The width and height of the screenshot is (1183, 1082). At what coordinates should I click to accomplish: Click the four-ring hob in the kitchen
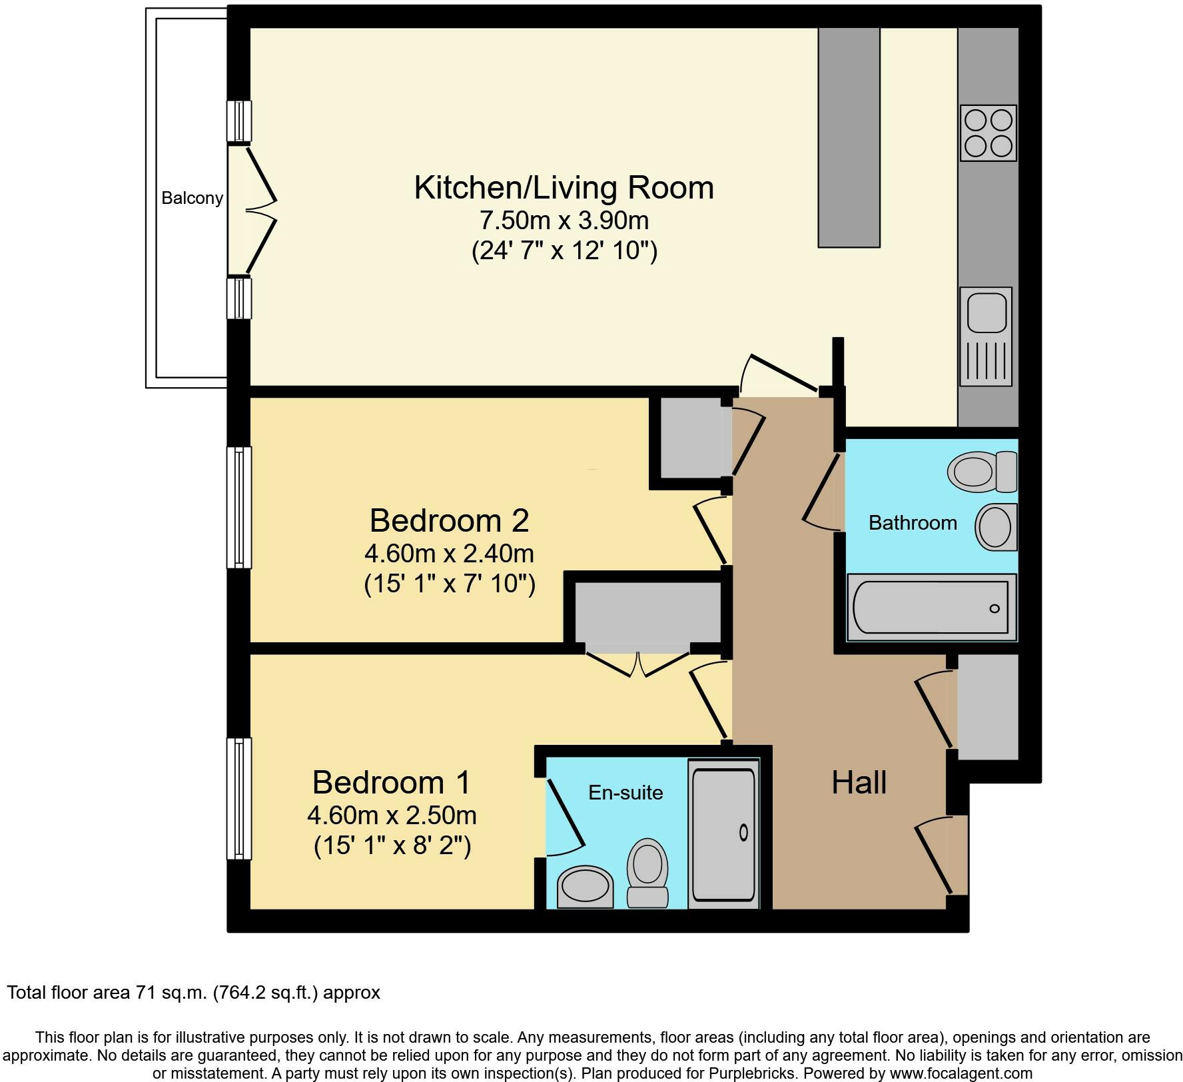988,133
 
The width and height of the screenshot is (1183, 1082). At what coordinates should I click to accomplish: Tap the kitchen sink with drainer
986,336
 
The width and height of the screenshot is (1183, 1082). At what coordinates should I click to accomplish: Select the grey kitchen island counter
849,137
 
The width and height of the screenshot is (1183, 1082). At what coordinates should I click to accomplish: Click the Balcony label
192,198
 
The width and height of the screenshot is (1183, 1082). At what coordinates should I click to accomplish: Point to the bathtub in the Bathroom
931,607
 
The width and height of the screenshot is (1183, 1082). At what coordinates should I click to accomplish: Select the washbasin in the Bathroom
996,527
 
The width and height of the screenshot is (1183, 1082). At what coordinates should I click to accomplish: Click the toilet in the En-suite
647,873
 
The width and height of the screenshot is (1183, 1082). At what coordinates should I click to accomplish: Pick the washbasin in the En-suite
585,887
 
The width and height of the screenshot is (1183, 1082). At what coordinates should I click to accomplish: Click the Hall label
859,782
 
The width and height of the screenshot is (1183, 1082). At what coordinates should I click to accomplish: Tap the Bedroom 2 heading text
449,520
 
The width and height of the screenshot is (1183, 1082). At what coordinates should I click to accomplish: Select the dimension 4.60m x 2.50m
392,815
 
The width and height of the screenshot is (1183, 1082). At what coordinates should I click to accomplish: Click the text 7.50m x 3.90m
564,220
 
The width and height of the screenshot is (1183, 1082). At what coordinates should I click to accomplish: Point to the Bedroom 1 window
239,798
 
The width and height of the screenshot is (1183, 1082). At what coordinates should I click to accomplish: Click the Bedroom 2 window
239,507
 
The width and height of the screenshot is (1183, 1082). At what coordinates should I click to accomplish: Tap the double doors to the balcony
253,210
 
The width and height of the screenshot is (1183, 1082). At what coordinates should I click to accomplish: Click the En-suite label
625,792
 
